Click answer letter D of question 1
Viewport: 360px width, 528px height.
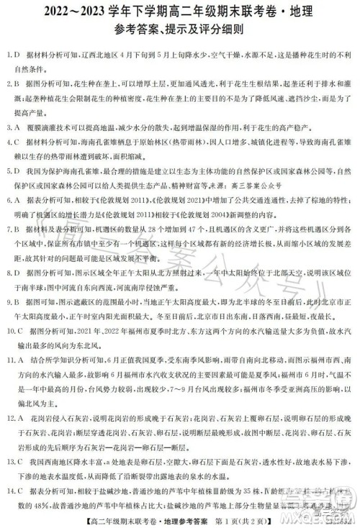point(17,55)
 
